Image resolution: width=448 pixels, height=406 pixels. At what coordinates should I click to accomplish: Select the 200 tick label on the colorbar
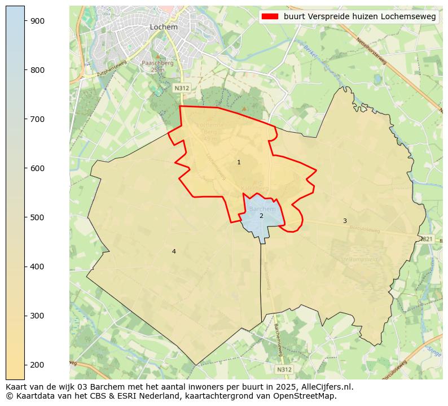37,365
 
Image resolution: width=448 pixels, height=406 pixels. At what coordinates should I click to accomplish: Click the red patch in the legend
270,17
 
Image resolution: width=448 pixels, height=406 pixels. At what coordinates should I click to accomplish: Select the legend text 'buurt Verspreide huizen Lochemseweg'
359,17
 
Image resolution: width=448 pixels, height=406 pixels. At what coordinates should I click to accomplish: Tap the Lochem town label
164,27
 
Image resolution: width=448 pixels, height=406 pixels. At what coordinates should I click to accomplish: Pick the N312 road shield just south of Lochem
181,88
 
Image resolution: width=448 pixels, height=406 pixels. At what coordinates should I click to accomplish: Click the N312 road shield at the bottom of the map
284,369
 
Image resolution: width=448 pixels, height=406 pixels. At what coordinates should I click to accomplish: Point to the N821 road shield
427,239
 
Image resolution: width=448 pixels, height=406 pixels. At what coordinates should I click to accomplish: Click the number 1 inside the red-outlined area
239,163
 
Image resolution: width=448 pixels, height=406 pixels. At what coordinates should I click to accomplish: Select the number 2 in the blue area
261,216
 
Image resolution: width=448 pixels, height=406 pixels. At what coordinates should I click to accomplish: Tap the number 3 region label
345,221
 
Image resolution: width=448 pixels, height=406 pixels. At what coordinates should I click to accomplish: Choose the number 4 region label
174,251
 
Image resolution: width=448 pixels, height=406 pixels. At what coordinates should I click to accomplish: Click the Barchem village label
262,209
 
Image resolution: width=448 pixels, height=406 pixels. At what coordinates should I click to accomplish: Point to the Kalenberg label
254,188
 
